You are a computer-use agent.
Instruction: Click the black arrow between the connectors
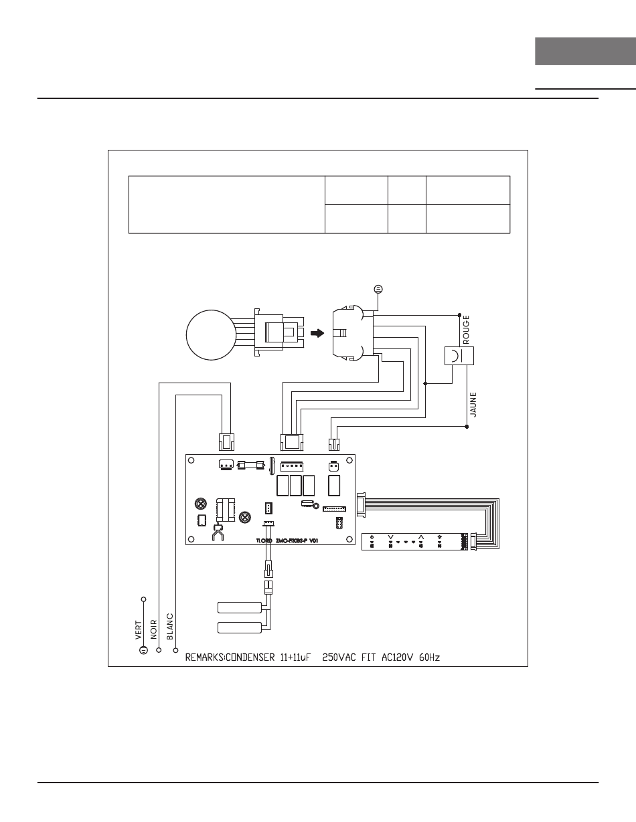(x=319, y=332)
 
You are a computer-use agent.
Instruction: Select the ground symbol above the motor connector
(x=378, y=288)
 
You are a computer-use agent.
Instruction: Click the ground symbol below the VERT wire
(x=143, y=649)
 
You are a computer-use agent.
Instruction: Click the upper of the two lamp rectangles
(x=240, y=607)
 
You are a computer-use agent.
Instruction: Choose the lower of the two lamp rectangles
(x=240, y=627)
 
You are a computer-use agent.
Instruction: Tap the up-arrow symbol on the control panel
(x=421, y=536)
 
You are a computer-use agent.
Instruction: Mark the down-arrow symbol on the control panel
(x=390, y=536)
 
